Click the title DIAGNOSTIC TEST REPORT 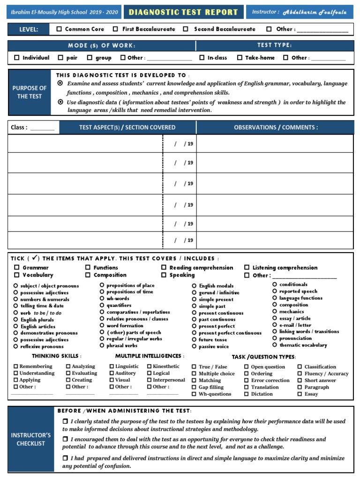point(183,12)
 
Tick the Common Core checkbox point(59,29)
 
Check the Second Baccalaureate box point(186,29)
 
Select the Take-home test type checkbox point(240,58)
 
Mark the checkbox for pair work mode point(60,58)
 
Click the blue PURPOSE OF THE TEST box point(30,92)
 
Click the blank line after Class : point(42,127)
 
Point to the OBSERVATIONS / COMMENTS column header point(276,127)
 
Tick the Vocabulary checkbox point(17,275)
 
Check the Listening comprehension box point(247,268)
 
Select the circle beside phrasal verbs point(102,345)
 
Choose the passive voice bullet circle point(194,346)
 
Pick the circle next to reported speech point(275,291)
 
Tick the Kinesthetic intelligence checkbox point(150,367)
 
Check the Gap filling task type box point(195,387)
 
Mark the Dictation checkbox point(247,394)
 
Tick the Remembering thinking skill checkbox point(16,367)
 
